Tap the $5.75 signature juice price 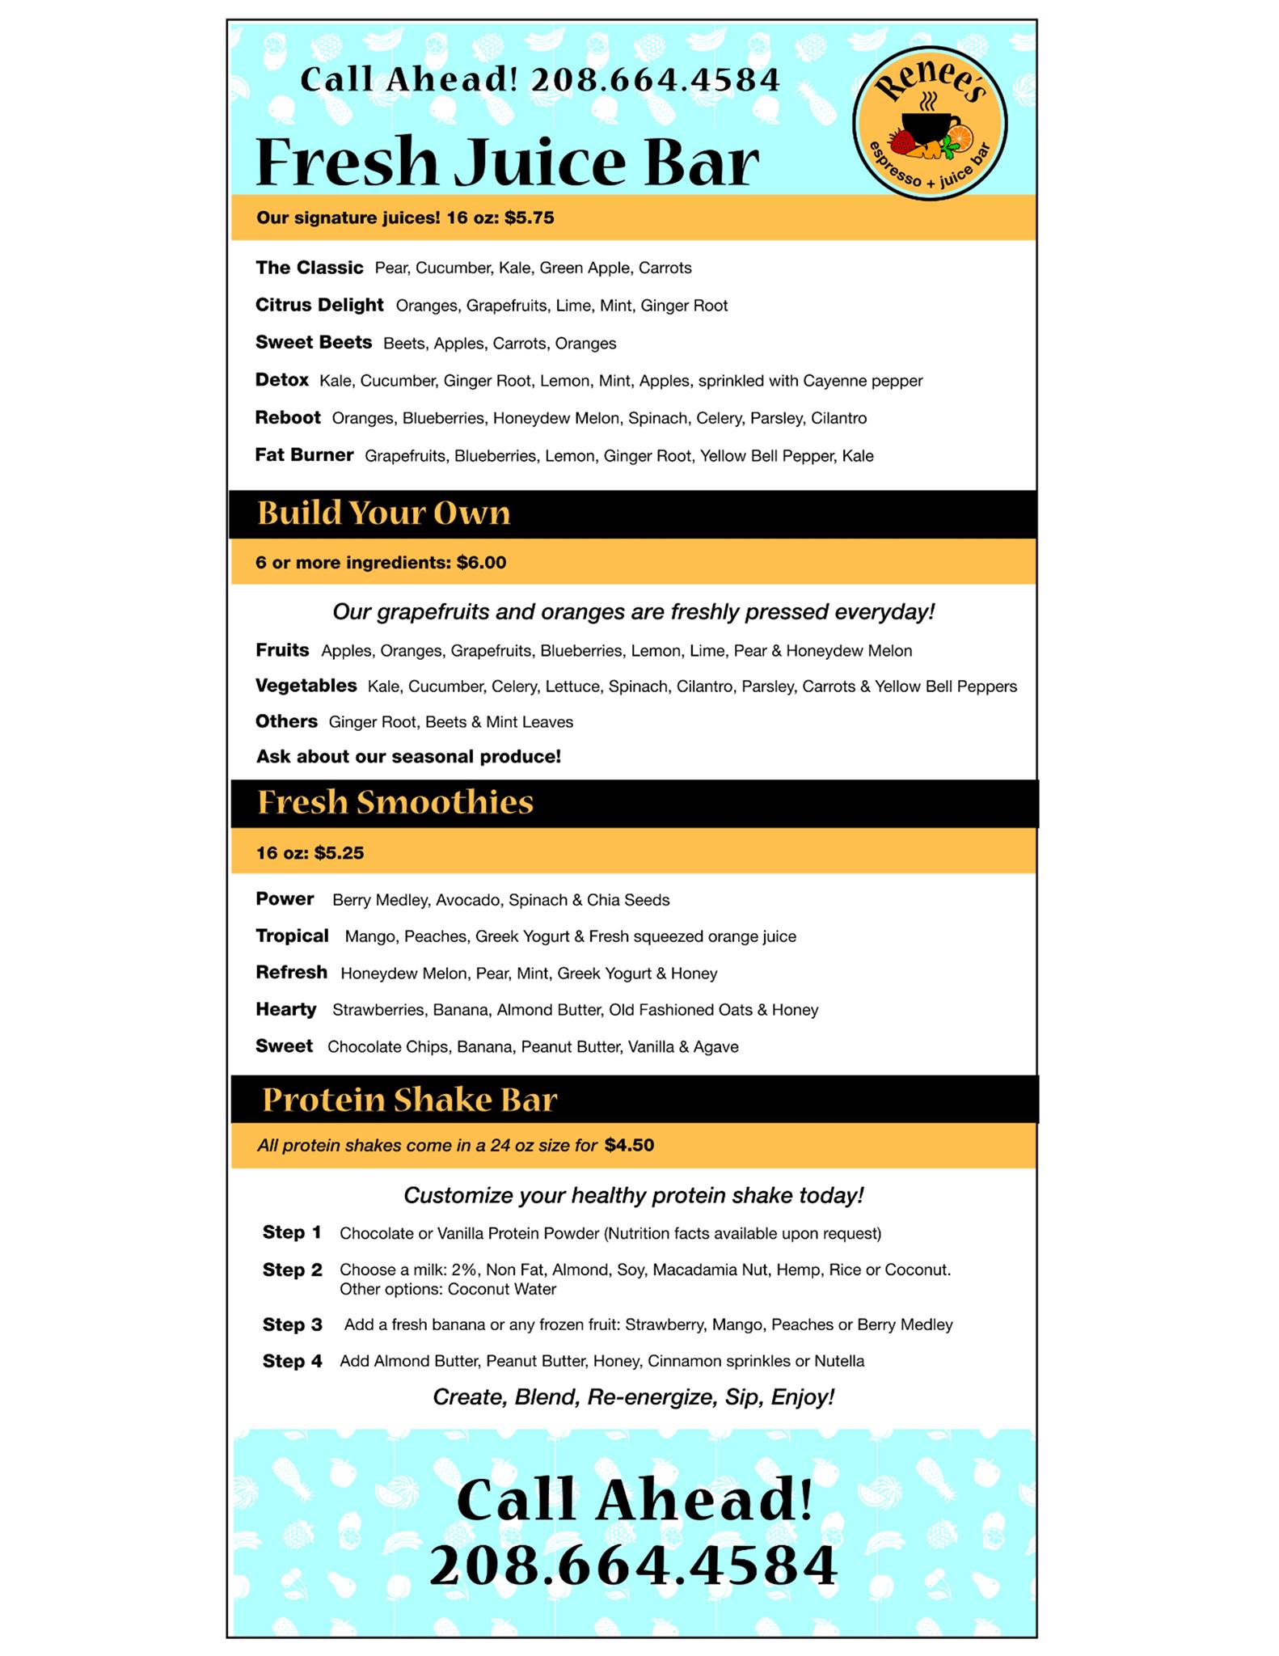pos(529,218)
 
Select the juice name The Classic pos(309,268)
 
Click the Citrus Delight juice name pos(319,305)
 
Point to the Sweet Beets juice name pos(313,342)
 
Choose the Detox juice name pos(281,380)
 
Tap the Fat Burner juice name pos(304,455)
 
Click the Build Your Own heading pos(383,513)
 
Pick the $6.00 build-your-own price pos(481,563)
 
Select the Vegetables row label pos(306,686)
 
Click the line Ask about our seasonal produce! pos(408,757)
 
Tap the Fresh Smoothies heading pos(395,802)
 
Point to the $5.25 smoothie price pos(339,853)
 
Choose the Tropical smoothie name pos(292,936)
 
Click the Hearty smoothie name pos(285,1010)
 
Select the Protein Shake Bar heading pos(409,1100)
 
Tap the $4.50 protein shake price pos(629,1145)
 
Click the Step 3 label pos(292,1324)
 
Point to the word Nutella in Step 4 pos(838,1361)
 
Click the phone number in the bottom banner pos(633,1565)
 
